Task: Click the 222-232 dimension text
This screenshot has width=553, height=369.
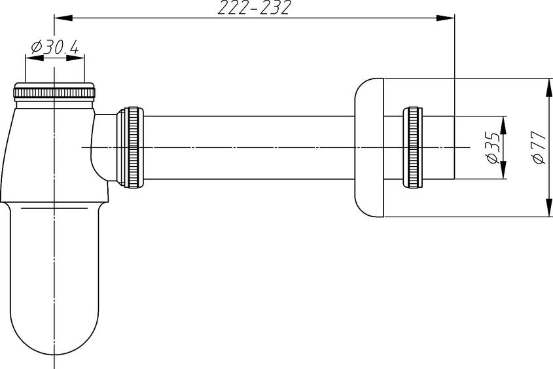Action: tap(253, 8)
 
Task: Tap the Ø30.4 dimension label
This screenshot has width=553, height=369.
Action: tap(54, 47)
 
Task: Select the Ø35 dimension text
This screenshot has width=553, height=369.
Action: tap(492, 147)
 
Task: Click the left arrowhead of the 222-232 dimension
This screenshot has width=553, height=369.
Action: tap(63, 18)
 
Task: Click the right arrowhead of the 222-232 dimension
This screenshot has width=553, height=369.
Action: tap(446, 18)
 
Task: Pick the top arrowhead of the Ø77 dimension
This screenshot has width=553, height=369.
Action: tap(549, 87)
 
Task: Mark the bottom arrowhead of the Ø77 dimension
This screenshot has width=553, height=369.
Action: tap(549, 208)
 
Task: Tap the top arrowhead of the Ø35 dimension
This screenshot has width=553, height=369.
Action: tap(503, 125)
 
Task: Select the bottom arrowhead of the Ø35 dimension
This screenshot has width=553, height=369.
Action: tap(503, 170)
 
